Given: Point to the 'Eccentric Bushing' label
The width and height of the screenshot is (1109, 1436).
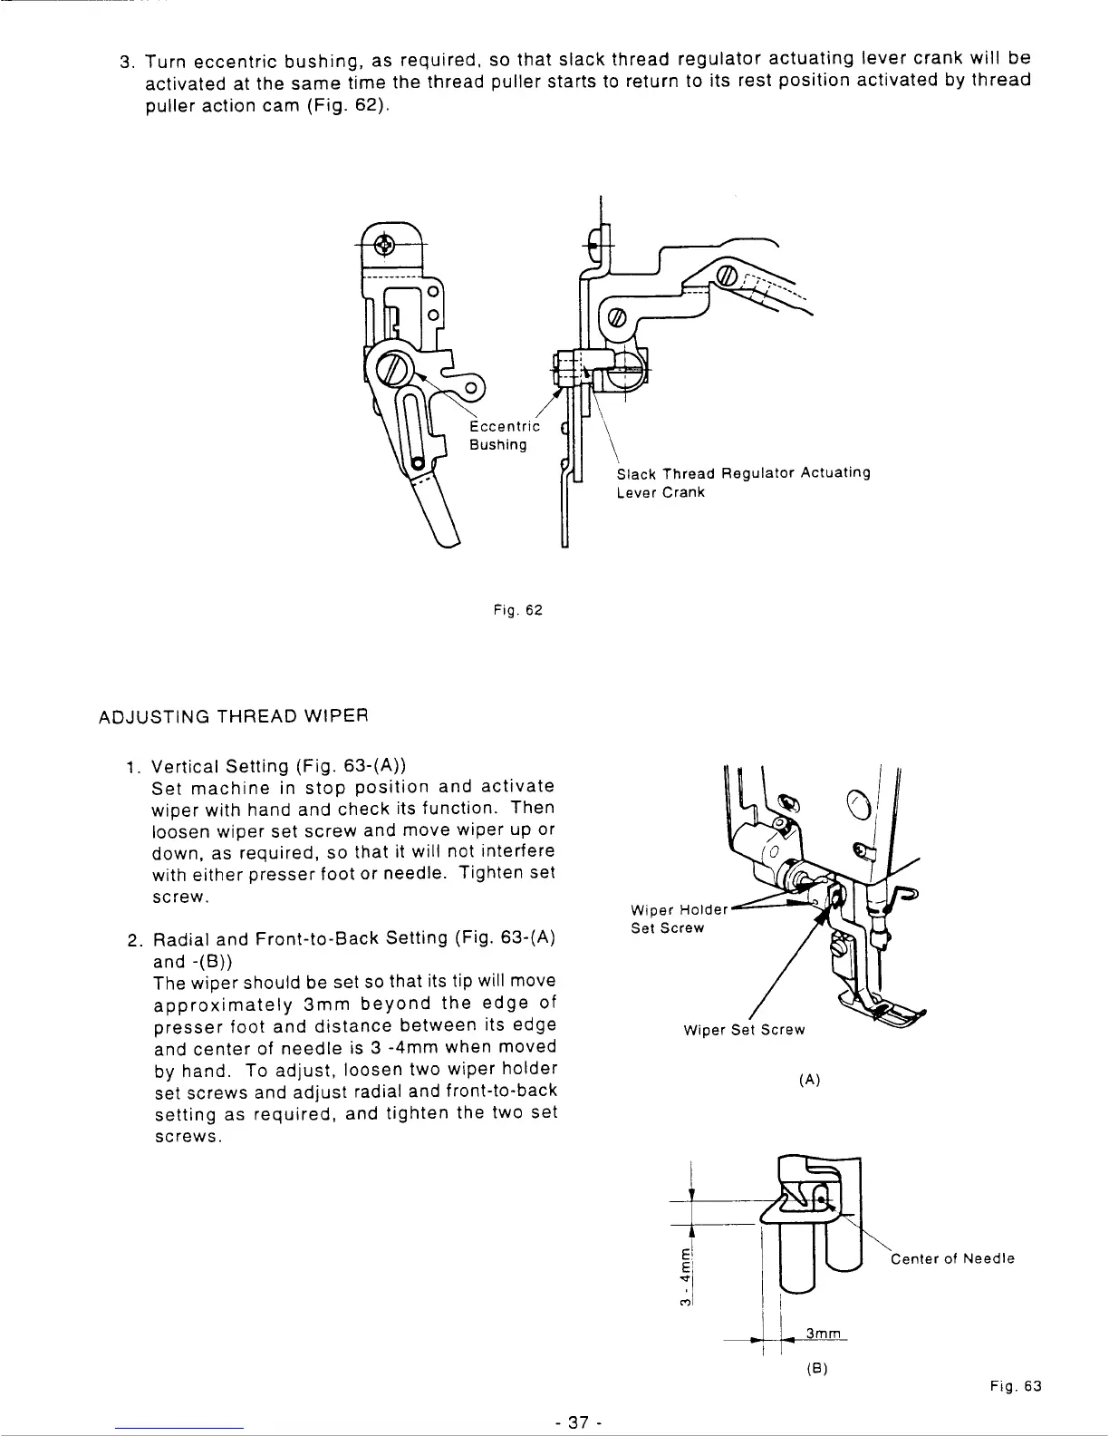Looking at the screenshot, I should click(x=504, y=435).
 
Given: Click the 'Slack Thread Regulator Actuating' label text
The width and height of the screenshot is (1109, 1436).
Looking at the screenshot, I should click(x=743, y=473).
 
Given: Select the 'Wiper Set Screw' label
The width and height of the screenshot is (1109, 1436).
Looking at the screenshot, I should click(x=744, y=1030).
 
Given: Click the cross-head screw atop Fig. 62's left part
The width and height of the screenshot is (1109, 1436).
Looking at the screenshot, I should click(x=384, y=245).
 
